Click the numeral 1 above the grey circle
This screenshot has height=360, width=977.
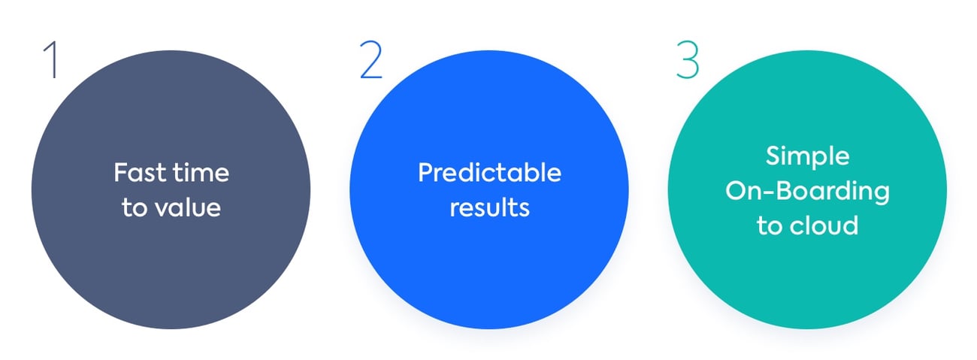51,60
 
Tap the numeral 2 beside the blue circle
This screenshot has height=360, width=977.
371,60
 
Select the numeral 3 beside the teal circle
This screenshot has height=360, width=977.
688,60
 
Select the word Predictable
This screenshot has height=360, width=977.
489,172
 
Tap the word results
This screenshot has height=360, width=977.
489,207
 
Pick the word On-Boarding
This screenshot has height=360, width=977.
807,192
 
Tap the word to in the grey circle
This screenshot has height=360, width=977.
135,207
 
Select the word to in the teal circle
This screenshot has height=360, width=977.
770,225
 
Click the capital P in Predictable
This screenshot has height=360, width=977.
425,172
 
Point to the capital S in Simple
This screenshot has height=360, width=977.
773,156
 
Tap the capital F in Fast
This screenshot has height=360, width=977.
121,172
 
